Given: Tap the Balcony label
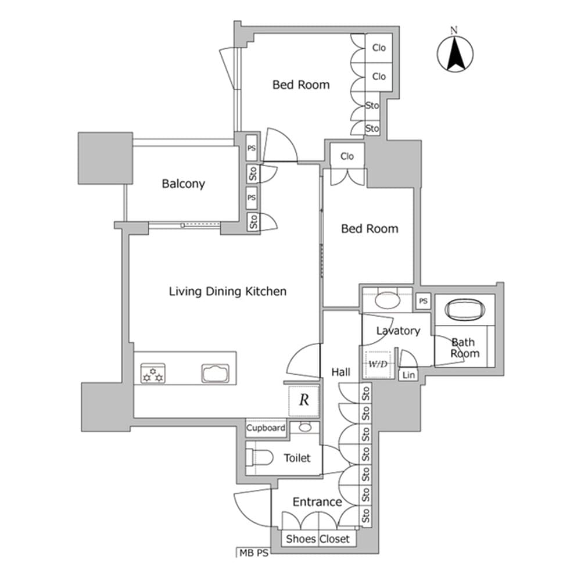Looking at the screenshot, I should tap(183, 184).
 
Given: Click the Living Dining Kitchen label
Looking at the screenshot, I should tap(227, 291).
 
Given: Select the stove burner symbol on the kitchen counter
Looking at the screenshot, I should tap(153, 374).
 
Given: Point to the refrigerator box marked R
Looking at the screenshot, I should tap(303, 400).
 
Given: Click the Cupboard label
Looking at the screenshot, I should tap(266, 428).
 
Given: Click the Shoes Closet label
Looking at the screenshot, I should tap(318, 539).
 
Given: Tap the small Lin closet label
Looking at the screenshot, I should tap(408, 375).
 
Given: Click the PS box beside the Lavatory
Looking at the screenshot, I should tap(424, 301).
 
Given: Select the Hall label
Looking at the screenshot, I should tap(340, 372).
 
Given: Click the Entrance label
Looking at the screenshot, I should tap(317, 502).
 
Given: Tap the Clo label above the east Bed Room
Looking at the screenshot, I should tap(347, 156).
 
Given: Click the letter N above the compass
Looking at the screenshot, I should tap(455, 30).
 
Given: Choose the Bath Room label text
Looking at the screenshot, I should tap(465, 348).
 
